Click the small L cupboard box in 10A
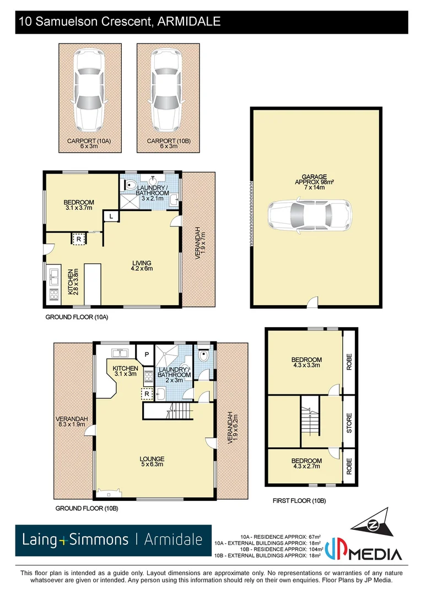(x=111, y=217)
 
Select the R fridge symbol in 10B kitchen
(x=147, y=393)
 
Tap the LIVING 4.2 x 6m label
(x=142, y=266)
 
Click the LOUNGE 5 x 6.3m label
(x=153, y=462)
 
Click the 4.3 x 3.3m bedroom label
(x=307, y=363)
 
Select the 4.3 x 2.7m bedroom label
(x=307, y=464)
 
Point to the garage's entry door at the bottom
(x=313, y=302)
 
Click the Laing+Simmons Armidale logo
(x=113, y=540)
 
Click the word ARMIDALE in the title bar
(x=189, y=22)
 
